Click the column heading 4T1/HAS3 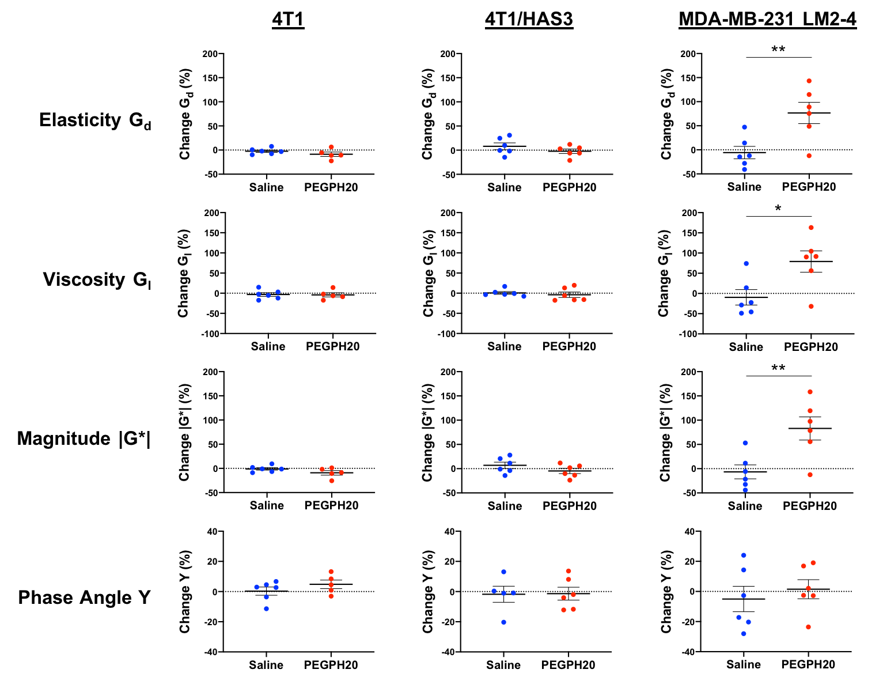(529, 20)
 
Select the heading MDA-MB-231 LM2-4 (767, 20)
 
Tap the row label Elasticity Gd (95, 120)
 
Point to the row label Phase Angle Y (84, 598)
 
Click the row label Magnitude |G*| (84, 438)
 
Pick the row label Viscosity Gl (97, 279)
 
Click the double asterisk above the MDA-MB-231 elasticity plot (778, 50)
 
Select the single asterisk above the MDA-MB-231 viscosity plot (778, 209)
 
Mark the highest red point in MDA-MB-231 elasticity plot (809, 81)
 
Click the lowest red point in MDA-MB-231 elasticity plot (809, 156)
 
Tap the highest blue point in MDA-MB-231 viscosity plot (746, 264)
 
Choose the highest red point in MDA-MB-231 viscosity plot (811, 228)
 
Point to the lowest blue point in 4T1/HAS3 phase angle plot (504, 622)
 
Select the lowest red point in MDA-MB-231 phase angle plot (808, 627)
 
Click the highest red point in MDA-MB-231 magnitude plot (810, 392)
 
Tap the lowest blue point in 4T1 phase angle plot (266, 608)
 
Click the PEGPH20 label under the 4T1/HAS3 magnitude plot (570, 506)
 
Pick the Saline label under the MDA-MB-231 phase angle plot (744, 664)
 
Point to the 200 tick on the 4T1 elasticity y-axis (210, 54)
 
